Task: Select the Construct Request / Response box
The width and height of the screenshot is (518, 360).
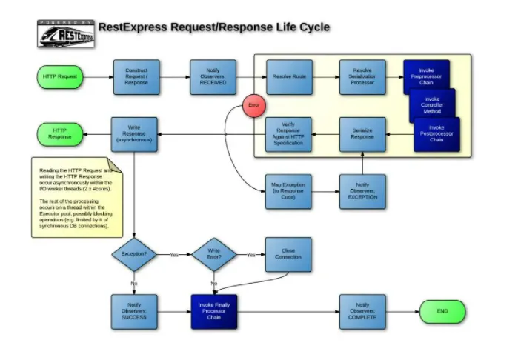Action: pyautogui.click(x=136, y=77)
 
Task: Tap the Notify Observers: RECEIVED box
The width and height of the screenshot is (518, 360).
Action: pyautogui.click(x=213, y=77)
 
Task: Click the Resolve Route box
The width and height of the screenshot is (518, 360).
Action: pyautogui.click(x=289, y=77)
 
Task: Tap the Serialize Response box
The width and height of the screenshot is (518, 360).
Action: pyautogui.click(x=362, y=134)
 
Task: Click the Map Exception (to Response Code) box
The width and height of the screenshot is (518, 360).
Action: pyautogui.click(x=289, y=191)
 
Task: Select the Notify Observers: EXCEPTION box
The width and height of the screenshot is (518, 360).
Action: pyautogui.click(x=362, y=191)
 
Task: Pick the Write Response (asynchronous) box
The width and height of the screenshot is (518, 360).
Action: pyautogui.click(x=135, y=134)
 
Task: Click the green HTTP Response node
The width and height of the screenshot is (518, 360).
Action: pyautogui.click(x=61, y=134)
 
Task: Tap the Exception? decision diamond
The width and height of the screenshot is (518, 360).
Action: pyautogui.click(x=135, y=255)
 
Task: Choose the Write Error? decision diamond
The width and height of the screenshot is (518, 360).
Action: pyautogui.click(x=214, y=255)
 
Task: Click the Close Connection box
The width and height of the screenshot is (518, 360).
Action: pyautogui.click(x=289, y=255)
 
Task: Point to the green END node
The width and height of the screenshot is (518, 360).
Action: pyautogui.click(x=442, y=312)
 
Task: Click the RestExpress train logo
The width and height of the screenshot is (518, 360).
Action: pyautogui.click(x=66, y=33)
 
